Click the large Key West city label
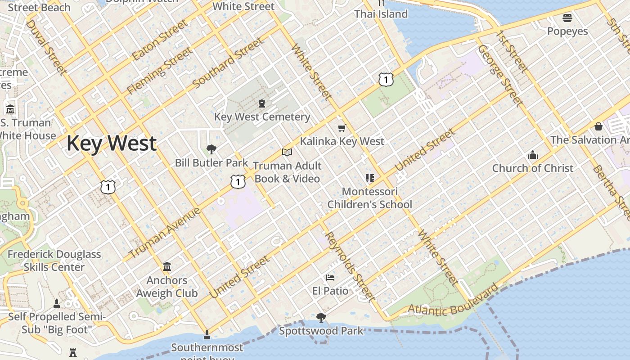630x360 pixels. tap(111, 143)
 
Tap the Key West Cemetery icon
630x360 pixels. tap(261, 104)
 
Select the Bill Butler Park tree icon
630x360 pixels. tap(211, 149)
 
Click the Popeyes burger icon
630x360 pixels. tap(567, 18)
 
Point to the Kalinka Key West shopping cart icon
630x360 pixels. tap(342, 128)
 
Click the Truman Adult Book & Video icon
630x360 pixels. tap(287, 153)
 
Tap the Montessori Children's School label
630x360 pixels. tap(369, 198)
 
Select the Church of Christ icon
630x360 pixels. tap(532, 155)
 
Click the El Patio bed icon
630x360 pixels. tap(330, 278)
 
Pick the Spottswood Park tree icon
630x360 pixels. tap(321, 318)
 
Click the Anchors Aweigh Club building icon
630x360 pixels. tap(167, 267)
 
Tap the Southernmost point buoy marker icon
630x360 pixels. tap(207, 334)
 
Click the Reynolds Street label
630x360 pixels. tap(349, 266)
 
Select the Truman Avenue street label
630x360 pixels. tap(164, 233)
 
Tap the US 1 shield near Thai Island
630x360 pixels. tap(386, 80)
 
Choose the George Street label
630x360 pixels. tap(500, 75)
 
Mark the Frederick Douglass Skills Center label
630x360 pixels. tap(54, 261)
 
